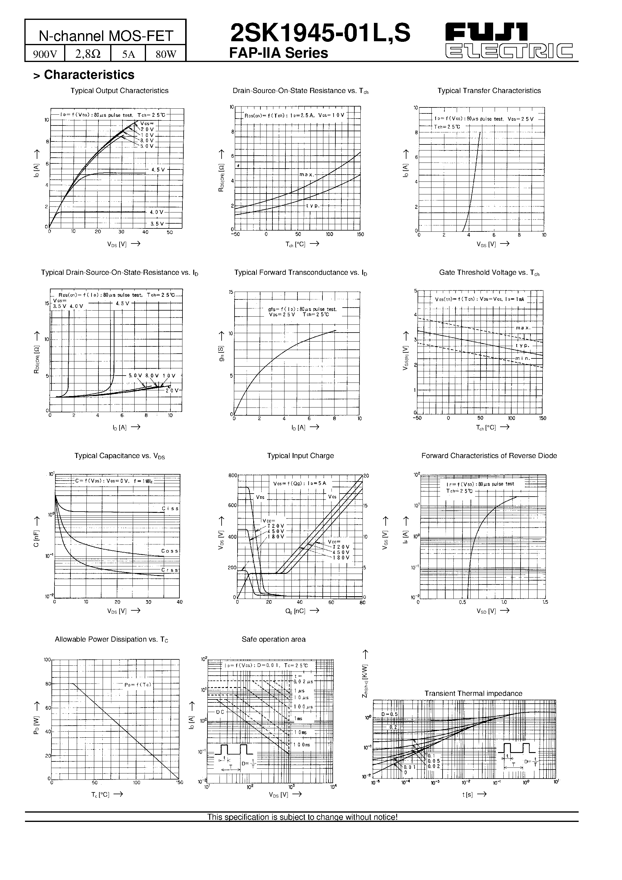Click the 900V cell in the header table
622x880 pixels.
pos(45,54)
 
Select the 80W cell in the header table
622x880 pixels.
pos(166,54)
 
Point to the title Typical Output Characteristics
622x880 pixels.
pos(119,91)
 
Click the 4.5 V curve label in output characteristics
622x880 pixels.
pos(158,169)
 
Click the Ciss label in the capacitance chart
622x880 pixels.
pos(170,509)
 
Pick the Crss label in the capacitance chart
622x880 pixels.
pos(170,570)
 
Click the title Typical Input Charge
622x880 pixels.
pos(300,456)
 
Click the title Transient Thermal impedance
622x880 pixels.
pos(473,693)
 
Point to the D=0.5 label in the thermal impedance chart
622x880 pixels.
pos(389,714)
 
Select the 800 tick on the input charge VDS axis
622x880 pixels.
pos(232,476)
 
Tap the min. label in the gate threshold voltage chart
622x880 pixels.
pos(523,358)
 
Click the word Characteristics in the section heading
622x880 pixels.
pos(89,75)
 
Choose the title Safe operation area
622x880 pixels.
pos(273,639)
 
